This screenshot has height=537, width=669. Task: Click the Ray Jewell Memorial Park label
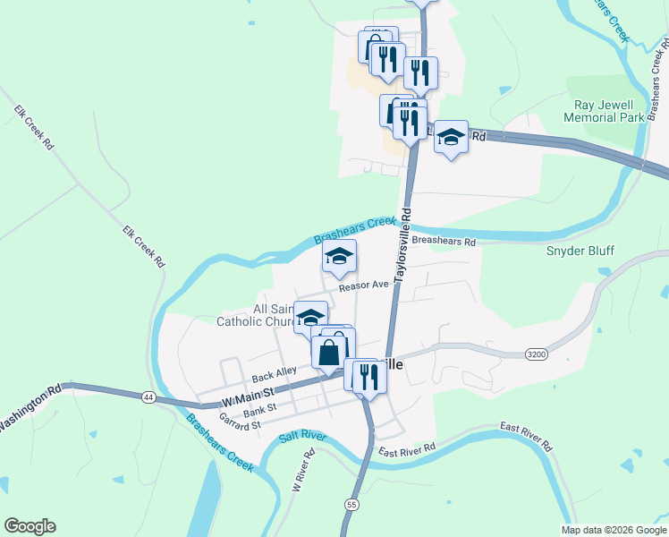[605, 110]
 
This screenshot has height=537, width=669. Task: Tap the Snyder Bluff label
[580, 251]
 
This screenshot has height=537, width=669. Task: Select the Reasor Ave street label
[362, 285]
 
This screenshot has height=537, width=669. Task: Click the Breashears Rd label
[445, 241]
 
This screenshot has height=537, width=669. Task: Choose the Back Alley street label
[274, 375]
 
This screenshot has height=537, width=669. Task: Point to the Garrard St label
[239, 423]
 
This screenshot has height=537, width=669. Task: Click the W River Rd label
[304, 470]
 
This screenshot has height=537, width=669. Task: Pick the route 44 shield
[147, 396]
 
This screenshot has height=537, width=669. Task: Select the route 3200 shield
[536, 354]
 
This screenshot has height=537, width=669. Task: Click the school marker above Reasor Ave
[340, 258]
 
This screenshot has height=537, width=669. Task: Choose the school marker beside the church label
[310, 317]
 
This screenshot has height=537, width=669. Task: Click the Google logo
[30, 526]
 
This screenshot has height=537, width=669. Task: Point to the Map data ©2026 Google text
[614, 530]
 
